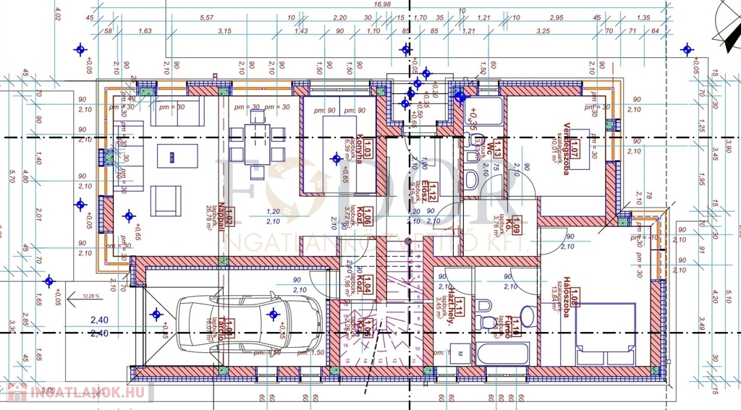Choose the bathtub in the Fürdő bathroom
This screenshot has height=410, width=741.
tap(502, 354)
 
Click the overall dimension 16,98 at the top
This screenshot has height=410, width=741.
tap(381, 4)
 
